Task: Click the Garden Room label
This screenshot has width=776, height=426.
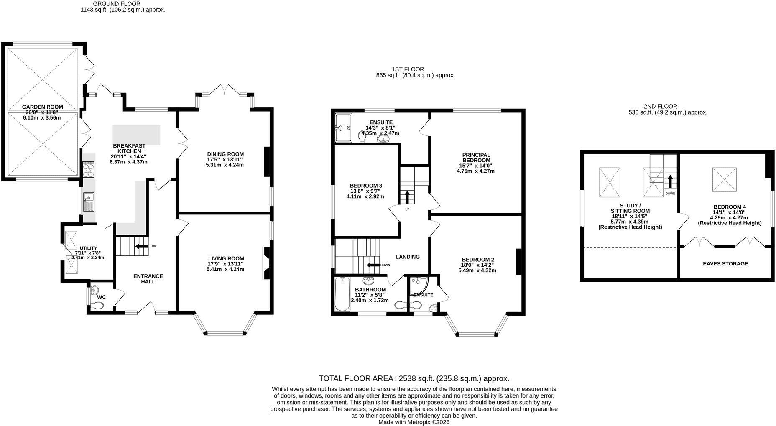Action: (x=42, y=107)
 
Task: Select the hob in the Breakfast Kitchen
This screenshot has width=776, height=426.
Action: (x=89, y=170)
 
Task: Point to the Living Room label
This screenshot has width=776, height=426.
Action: (x=225, y=258)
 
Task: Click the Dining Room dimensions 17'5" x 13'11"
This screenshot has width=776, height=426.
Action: (x=225, y=160)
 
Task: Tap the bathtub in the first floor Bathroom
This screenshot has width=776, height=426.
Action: (x=342, y=294)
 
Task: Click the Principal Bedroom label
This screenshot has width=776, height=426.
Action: (x=476, y=158)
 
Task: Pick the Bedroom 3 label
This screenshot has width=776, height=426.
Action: (x=366, y=186)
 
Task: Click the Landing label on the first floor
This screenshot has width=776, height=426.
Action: (x=408, y=257)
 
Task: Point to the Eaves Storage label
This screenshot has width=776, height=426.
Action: (x=725, y=263)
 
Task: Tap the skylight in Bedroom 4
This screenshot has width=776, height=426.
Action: (x=724, y=179)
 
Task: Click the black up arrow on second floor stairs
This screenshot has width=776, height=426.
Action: (x=670, y=181)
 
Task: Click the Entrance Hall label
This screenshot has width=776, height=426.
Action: (x=148, y=279)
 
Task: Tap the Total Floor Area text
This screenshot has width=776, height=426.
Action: (x=414, y=378)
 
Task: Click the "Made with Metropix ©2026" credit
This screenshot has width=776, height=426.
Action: (x=414, y=422)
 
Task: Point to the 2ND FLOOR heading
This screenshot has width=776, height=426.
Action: (x=660, y=107)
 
